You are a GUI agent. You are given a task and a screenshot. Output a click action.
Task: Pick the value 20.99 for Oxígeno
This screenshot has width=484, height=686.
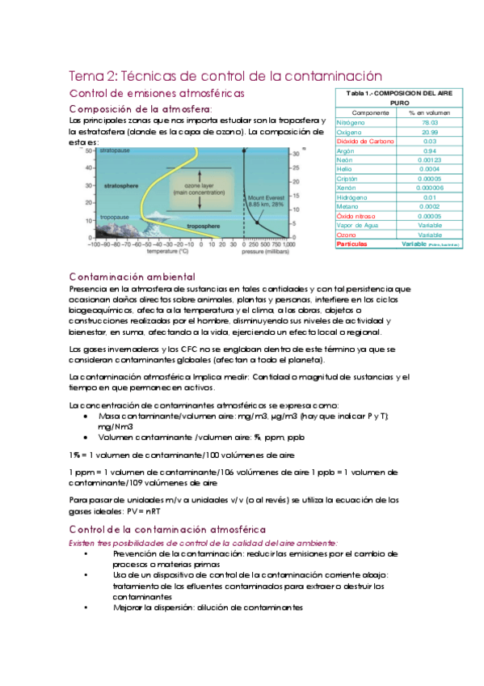click(430, 131)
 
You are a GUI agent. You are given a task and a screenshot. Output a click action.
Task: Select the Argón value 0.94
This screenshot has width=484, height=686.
click(430, 150)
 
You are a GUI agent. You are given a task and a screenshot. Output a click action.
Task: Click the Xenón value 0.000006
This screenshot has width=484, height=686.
click(430, 187)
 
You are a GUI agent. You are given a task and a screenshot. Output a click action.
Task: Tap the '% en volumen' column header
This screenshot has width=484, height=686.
click(430, 112)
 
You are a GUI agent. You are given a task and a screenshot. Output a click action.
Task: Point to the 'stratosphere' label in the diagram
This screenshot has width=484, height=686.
click(121, 185)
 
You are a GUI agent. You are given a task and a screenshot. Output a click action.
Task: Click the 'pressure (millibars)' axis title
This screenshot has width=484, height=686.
click(269, 251)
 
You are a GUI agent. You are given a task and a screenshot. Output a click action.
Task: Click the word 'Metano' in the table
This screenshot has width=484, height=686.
click(349, 205)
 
